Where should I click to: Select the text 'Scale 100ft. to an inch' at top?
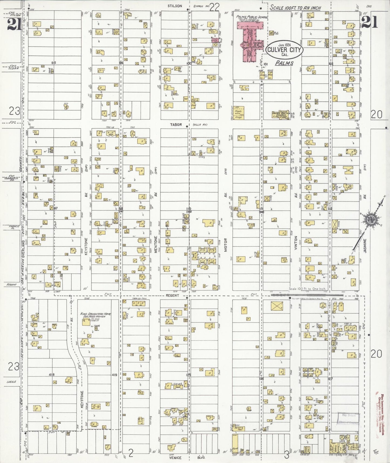[295, 8]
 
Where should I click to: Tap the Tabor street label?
[176, 125]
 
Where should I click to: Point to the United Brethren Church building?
[281, 115]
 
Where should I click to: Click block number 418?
[52, 375]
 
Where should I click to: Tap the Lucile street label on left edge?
[12, 382]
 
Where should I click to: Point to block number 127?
[330, 379]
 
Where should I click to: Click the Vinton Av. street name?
[296, 243]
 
